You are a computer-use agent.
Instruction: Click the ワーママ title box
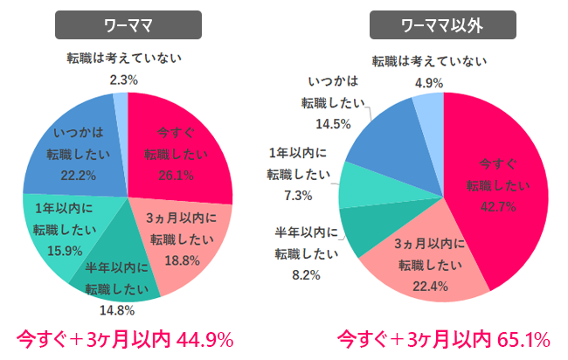point(128,24)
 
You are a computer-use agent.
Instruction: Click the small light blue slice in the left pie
point(121,109)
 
